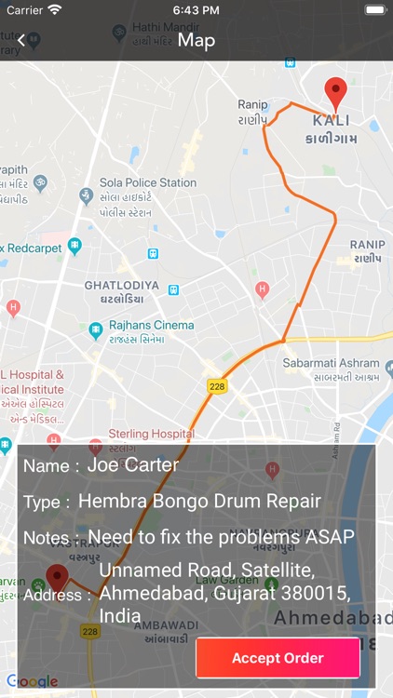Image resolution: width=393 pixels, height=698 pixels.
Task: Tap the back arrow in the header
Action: [x=20, y=40]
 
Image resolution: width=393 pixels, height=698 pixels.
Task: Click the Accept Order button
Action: [x=278, y=658]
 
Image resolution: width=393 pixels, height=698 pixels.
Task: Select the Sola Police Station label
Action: [x=148, y=183]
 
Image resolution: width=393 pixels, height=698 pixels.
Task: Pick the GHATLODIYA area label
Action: [x=121, y=285]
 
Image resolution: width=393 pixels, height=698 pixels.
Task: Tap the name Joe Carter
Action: [x=133, y=464]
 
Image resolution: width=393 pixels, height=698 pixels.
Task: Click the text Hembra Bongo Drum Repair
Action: [x=199, y=502]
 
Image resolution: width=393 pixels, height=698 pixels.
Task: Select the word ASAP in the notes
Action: [x=332, y=537]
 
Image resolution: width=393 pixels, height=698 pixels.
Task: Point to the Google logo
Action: [x=33, y=681]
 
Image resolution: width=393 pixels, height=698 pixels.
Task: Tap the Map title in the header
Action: [x=196, y=40]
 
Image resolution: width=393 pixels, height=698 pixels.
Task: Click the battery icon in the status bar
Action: [x=374, y=10]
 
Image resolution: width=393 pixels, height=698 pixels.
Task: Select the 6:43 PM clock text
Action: [x=196, y=10]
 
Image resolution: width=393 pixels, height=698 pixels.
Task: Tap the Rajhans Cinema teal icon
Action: [x=95, y=330]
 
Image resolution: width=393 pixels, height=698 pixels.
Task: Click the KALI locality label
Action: [x=332, y=121]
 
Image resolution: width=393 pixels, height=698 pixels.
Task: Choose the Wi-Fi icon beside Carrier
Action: [x=55, y=10]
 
